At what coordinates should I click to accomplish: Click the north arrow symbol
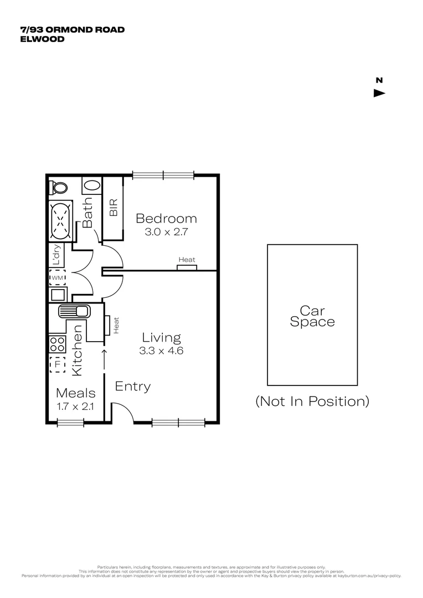pos(379,93)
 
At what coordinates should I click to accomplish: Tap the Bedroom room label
pos(166,218)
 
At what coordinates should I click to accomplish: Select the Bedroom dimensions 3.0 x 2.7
pos(167,232)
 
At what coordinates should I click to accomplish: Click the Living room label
pos(161,337)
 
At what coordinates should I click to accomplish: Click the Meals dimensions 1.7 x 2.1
pos(76,407)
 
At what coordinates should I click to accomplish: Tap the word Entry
pos(133,386)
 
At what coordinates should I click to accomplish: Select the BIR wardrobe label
pos(114,208)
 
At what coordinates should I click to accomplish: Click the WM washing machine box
pos(58,277)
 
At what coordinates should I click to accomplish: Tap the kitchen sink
pos(73,312)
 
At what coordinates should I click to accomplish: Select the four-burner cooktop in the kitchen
pos(57,344)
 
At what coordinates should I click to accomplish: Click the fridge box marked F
pos(57,365)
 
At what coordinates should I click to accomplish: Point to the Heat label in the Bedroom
pos(187,260)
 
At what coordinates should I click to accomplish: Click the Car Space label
pos(312,316)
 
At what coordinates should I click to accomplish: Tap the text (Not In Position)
pos(312,401)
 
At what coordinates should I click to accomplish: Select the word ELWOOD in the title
pos(42,39)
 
